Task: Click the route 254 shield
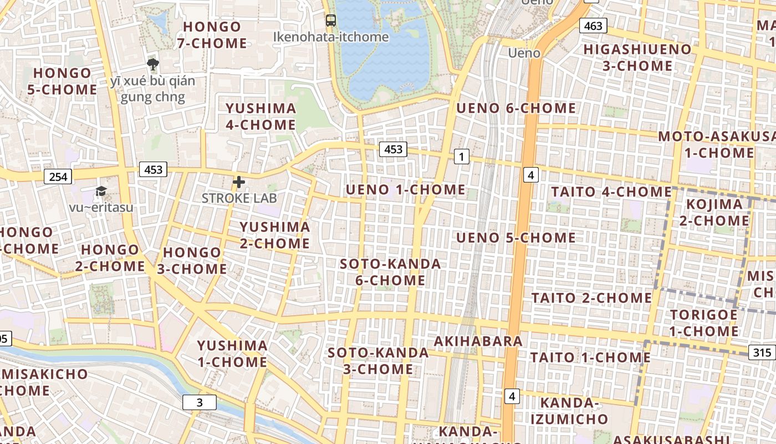[x=58, y=177]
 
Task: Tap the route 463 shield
[x=593, y=26]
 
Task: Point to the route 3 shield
[x=200, y=402]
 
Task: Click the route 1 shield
[x=461, y=157]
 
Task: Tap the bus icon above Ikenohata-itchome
[x=331, y=21]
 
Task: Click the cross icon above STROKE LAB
[x=239, y=182]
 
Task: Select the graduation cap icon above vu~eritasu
[x=101, y=191]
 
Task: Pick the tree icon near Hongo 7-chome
[x=153, y=64]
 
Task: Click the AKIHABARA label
[x=478, y=341]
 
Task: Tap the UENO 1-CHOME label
[x=406, y=190]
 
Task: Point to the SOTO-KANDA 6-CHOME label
[x=390, y=272]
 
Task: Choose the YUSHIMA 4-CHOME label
[x=261, y=117]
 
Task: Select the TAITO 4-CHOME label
[x=611, y=192]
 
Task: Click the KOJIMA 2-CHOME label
[x=714, y=213]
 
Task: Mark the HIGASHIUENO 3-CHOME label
[x=637, y=58]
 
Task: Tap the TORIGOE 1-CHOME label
[x=703, y=323]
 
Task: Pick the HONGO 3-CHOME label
[x=195, y=261]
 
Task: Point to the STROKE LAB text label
[x=239, y=198]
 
